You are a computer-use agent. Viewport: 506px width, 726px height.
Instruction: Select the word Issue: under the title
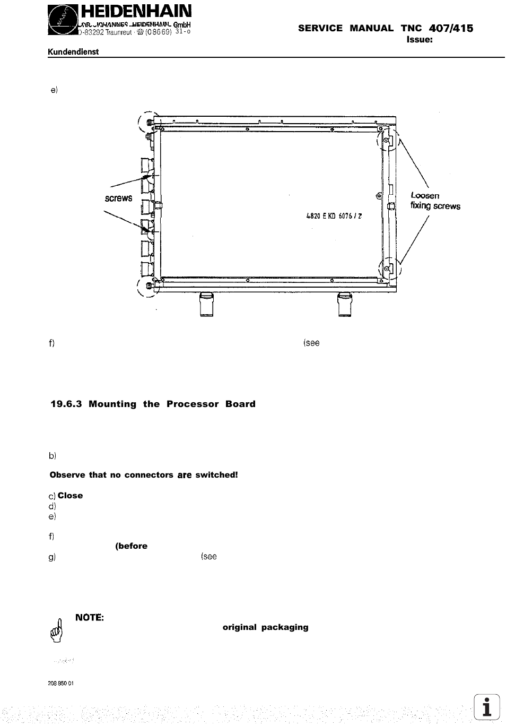(421, 39)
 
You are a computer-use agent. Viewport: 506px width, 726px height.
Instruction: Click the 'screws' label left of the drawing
(118, 198)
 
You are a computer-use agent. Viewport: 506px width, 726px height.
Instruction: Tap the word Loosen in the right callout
(425, 195)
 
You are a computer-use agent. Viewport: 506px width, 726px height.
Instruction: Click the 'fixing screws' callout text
(435, 206)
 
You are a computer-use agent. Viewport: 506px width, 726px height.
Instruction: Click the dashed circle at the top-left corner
(149, 123)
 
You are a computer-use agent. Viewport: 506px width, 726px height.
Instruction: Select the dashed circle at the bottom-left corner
(148, 287)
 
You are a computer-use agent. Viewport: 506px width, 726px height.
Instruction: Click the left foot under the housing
(206, 305)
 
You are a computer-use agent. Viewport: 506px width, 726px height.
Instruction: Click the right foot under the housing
(344, 305)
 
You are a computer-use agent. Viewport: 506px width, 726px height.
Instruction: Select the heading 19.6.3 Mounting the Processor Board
(153, 404)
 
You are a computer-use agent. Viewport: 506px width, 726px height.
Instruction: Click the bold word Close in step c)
(70, 496)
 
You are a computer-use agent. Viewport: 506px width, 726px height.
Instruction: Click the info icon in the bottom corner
(487, 707)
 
